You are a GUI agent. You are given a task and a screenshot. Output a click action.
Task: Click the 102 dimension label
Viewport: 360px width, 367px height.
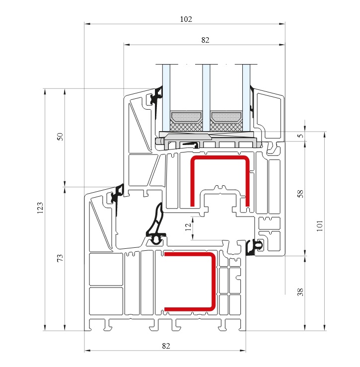pos(186,19)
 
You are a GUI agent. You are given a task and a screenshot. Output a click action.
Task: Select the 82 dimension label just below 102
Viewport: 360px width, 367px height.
pos(205,40)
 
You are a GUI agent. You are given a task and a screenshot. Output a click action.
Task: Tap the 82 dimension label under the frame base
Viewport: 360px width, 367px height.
pos(166,346)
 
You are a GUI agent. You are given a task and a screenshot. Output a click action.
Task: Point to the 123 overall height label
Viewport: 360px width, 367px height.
pos(40,208)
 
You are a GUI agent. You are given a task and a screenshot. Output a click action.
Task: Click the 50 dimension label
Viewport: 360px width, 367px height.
pos(61,137)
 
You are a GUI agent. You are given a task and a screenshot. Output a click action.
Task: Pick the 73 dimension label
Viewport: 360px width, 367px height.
pos(61,258)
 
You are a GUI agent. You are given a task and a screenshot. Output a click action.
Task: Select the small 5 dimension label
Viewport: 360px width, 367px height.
pos(300,136)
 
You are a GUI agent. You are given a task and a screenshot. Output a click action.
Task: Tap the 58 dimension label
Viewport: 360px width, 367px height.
pos(300,194)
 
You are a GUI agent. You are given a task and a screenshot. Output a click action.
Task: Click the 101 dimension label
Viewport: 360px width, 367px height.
pos(320,226)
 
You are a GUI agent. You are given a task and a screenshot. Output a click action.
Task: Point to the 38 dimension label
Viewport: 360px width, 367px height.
pos(300,292)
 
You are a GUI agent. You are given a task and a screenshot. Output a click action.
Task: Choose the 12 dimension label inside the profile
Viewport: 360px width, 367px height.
pos(188,227)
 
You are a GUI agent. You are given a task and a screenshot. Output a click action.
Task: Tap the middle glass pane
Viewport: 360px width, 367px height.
pos(206,98)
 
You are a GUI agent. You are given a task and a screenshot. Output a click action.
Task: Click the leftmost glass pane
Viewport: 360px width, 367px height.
pos(166,98)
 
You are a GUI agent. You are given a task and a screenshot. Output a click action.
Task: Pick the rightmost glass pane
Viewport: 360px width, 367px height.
pos(246,98)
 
